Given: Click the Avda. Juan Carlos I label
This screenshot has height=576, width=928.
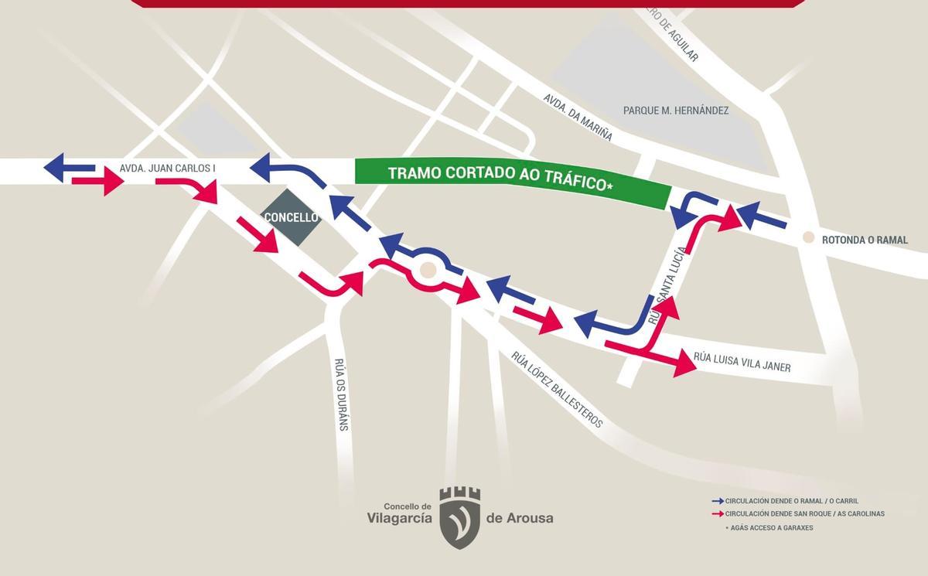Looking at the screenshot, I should pos(167,168).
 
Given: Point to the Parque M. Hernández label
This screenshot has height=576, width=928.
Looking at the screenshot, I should pos(676,111).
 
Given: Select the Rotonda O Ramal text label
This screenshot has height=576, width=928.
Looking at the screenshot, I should pos(865,240).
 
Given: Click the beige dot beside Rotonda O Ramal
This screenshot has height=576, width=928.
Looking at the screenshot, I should pos(808,237).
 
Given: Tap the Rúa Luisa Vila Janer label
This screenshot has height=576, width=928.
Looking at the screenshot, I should pos(742,362).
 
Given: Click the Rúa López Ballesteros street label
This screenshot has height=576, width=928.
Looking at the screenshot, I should pos(556,390).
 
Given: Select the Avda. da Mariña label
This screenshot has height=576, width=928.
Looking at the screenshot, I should pos(578,118).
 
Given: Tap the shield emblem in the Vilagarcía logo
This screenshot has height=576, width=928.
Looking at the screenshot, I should pos(459,517).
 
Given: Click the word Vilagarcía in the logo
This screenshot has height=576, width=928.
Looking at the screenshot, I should pos(399,518).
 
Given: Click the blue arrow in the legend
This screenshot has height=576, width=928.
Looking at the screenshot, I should pos(718,501).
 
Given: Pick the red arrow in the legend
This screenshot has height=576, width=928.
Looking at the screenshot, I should pos(718,513).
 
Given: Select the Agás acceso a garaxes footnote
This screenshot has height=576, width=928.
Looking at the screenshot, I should pos(769,527).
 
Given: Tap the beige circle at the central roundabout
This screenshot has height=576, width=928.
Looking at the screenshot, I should pos(427,270).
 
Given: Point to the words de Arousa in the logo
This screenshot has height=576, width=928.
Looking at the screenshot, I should pos(520,518).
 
